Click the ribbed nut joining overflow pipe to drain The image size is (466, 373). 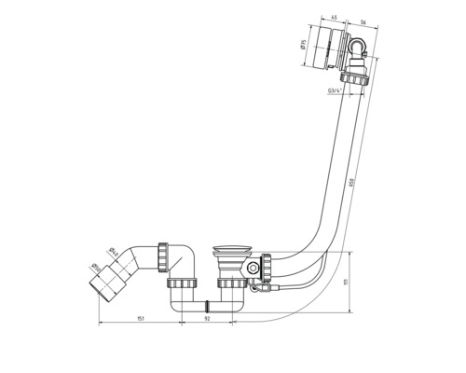click(x=267, y=269)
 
